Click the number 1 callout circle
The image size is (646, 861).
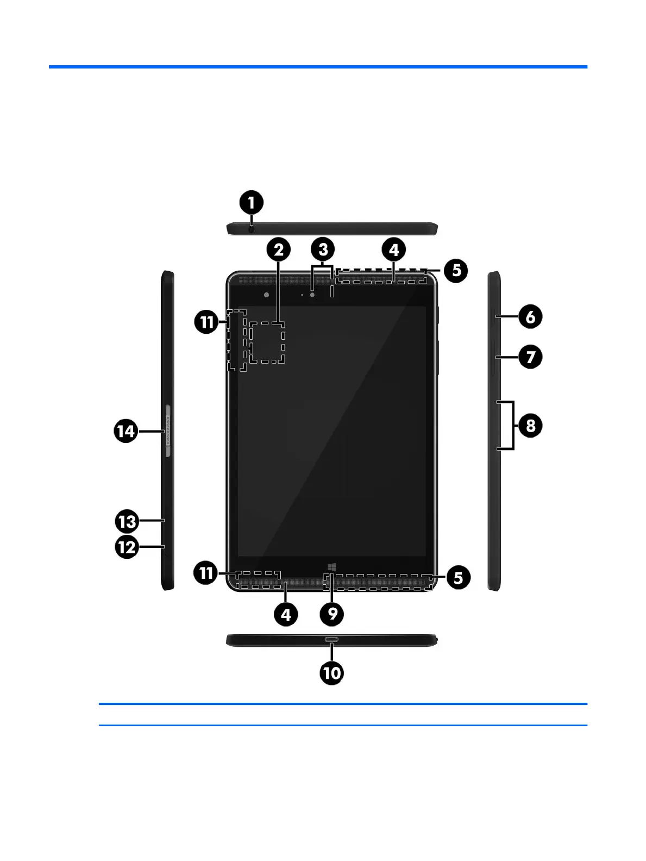251,203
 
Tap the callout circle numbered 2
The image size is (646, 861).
278,250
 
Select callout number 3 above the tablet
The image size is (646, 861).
323,250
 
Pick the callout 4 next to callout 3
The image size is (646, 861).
394,250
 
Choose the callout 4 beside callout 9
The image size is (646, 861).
286,614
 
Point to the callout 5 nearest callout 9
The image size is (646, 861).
458,578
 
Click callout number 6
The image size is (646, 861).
530,317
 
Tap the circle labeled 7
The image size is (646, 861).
530,357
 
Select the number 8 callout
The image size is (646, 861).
530,426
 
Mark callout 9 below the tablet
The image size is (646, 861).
332,614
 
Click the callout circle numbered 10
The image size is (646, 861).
331,673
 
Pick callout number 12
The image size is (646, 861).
127,547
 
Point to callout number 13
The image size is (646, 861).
127,522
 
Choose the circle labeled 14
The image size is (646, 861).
126,432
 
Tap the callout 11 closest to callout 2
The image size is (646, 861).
206,322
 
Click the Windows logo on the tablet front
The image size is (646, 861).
332,567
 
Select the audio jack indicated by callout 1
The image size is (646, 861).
251,229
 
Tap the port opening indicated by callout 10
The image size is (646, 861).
331,639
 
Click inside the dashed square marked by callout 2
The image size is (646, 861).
267,342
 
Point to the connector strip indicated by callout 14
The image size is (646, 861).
167,430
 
